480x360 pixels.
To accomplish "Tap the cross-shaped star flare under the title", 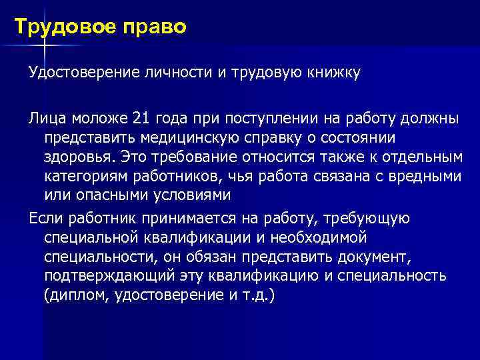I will point(44,45).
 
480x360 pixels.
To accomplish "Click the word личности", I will point(176,72).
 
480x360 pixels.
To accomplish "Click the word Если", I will point(43,217).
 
